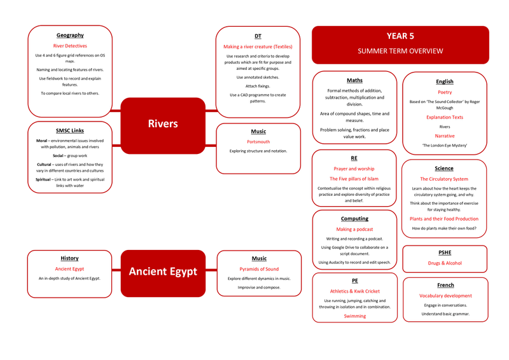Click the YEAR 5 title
coord(400,36)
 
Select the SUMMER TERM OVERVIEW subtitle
coord(400,51)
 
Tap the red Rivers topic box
coord(162,123)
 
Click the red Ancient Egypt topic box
coord(163,272)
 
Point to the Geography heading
coord(70,35)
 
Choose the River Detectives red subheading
coord(70,46)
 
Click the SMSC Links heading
coord(70,130)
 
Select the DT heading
coord(258,36)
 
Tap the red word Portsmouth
coord(258,142)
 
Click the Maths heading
coord(354,80)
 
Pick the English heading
coord(445,81)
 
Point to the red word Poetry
coord(445,92)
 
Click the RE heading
coord(354,158)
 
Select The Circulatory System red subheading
coord(444,179)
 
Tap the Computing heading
coord(354,219)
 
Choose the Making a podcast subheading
coord(354,230)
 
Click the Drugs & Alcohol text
coord(445,263)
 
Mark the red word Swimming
coord(354,316)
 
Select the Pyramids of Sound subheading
coord(258,269)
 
